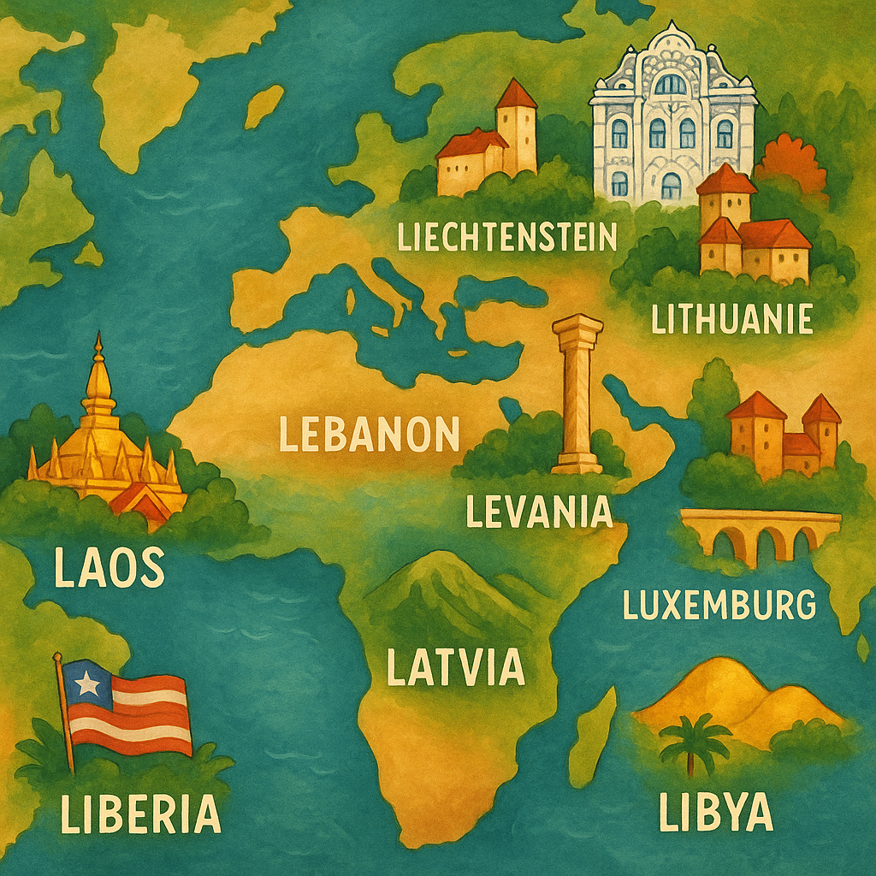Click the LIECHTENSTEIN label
click(507, 236)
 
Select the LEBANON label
click(370, 435)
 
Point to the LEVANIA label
click(539, 511)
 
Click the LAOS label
click(109, 566)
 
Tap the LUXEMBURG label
click(719, 604)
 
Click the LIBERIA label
click(140, 813)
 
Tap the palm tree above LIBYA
click(695, 741)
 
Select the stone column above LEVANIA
click(577, 394)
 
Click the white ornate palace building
click(672, 115)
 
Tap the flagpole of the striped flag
click(63, 710)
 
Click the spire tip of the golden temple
click(98, 339)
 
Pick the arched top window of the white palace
click(671, 83)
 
